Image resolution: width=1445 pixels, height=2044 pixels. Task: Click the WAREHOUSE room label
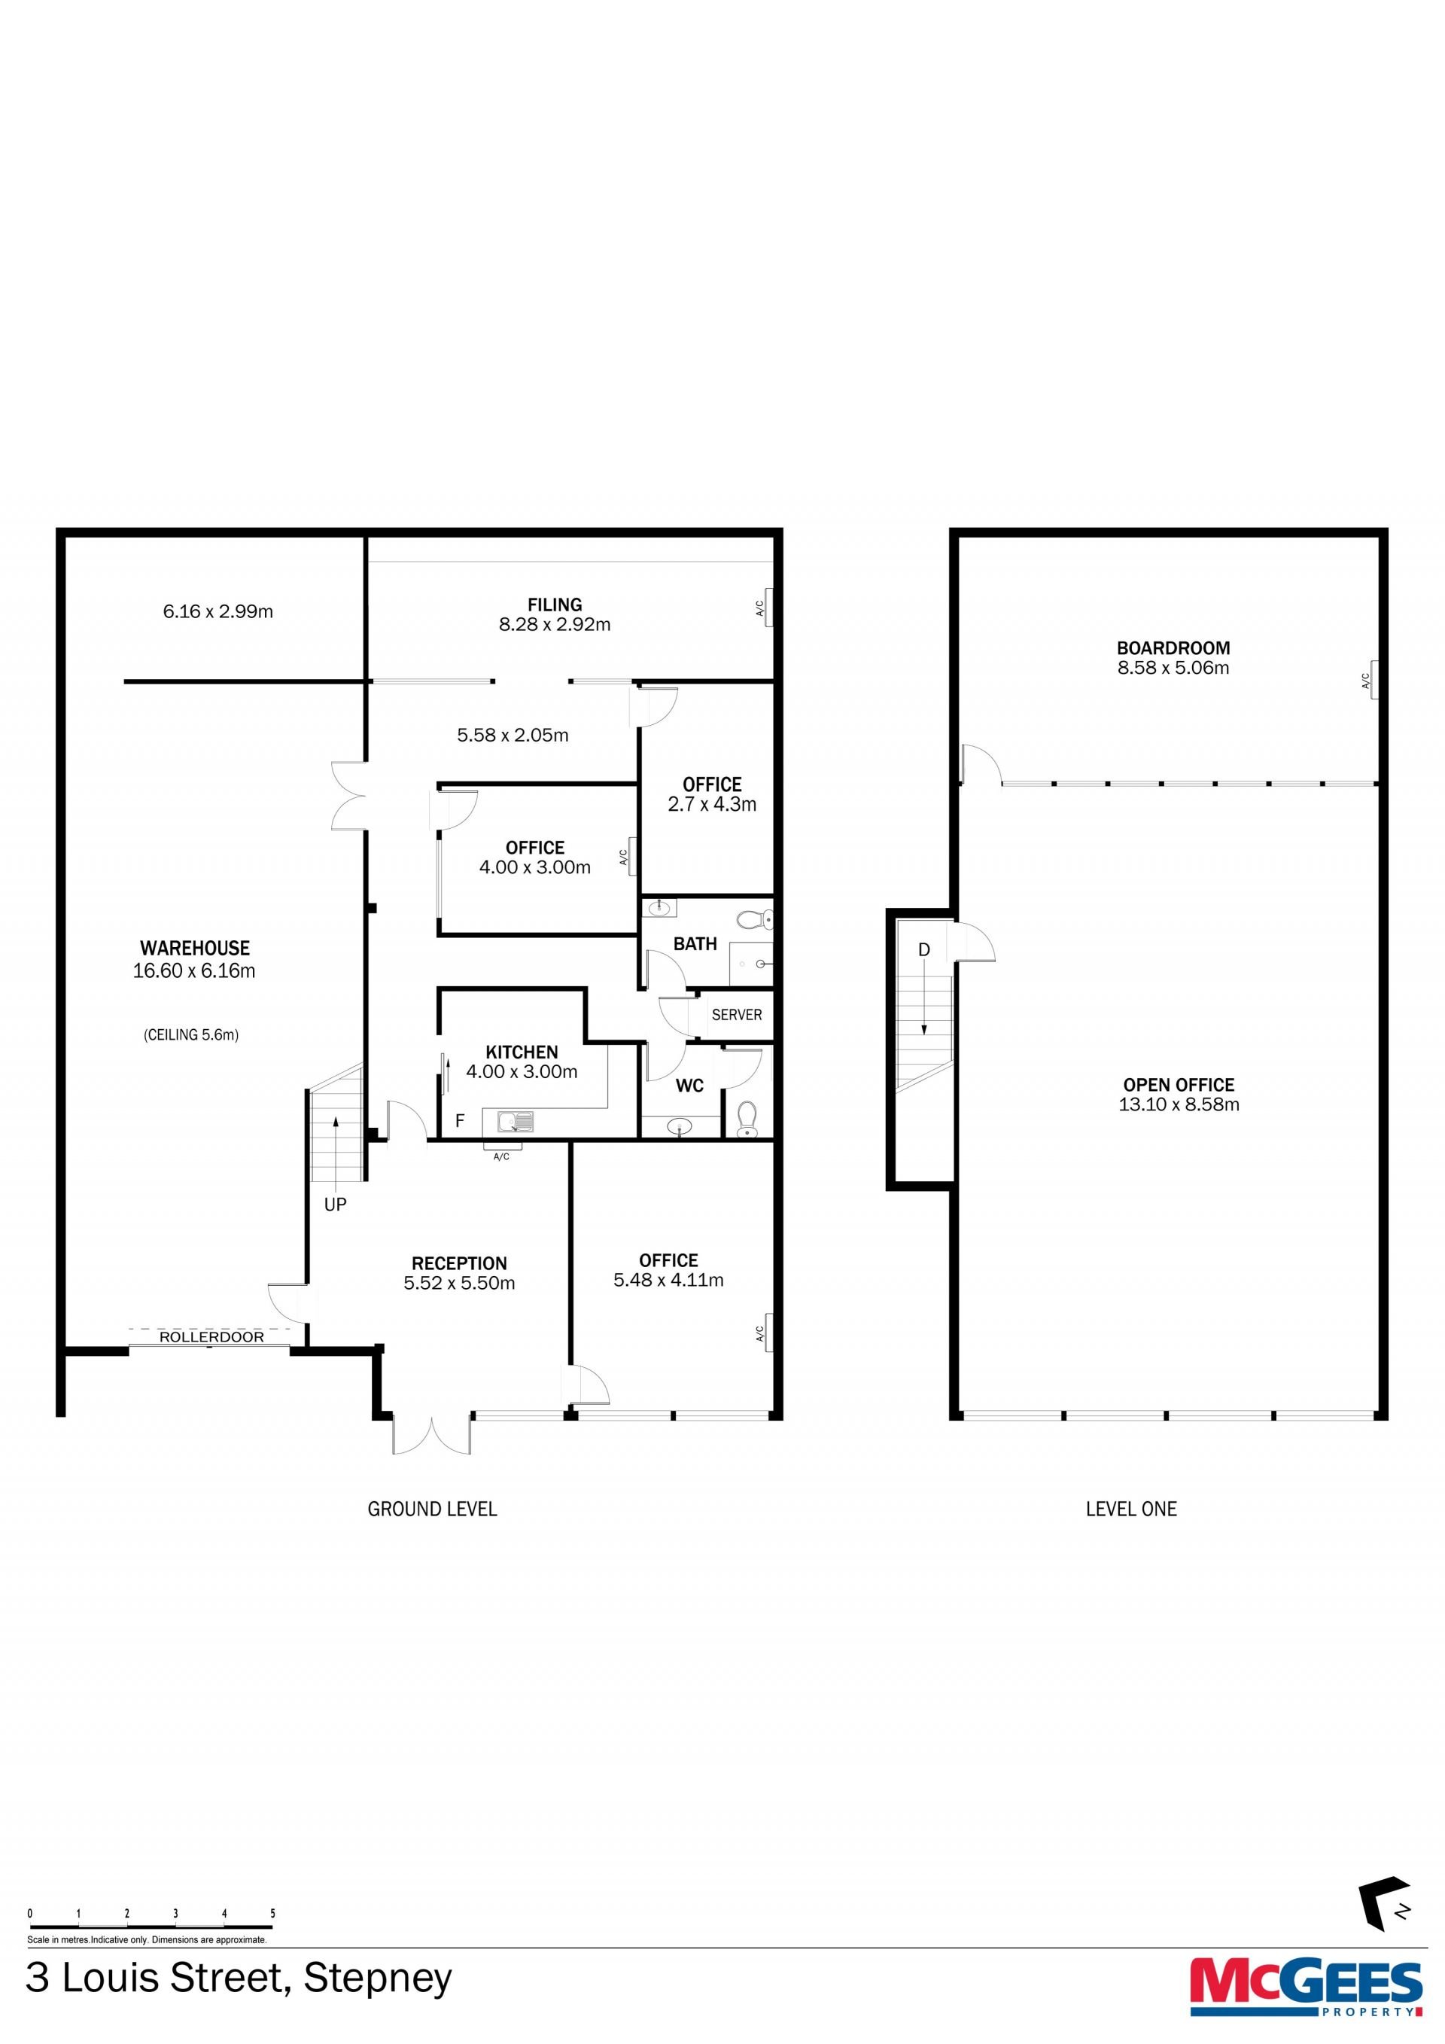pyautogui.click(x=195, y=948)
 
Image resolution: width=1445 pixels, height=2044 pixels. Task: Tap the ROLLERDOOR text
pyautogui.click(x=211, y=1336)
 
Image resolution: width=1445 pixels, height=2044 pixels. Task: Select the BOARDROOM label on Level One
pyautogui.click(x=1173, y=648)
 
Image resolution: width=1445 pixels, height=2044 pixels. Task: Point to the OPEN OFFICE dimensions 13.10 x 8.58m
pyautogui.click(x=1179, y=1104)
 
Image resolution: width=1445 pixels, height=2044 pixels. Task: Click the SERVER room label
pyautogui.click(x=737, y=1015)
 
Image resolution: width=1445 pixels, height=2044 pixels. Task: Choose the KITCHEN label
pyautogui.click(x=522, y=1052)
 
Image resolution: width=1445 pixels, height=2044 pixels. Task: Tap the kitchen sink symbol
pyautogui.click(x=514, y=1122)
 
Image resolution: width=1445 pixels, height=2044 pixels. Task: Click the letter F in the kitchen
pyautogui.click(x=460, y=1121)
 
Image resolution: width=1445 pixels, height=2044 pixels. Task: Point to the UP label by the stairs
pyautogui.click(x=336, y=1205)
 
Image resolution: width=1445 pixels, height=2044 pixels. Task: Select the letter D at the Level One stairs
pyautogui.click(x=923, y=950)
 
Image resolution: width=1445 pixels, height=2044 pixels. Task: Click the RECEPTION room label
pyautogui.click(x=459, y=1263)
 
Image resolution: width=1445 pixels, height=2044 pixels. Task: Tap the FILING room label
pyautogui.click(x=555, y=605)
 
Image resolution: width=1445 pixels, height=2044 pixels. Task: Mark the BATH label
pyautogui.click(x=695, y=943)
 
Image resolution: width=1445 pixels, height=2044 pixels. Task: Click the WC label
pyautogui.click(x=689, y=1085)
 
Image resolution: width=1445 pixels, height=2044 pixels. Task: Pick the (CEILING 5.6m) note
pyautogui.click(x=191, y=1034)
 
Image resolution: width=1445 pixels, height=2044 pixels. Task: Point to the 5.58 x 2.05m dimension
pyautogui.click(x=513, y=736)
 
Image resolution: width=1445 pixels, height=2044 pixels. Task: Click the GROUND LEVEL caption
pyautogui.click(x=433, y=1509)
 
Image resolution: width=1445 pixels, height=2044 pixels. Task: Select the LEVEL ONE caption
pyautogui.click(x=1131, y=1509)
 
